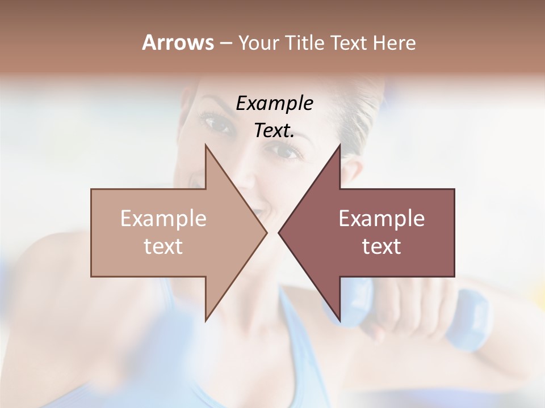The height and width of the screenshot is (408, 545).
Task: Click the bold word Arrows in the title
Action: pos(177,42)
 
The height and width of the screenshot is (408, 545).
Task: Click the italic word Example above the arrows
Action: pos(274,103)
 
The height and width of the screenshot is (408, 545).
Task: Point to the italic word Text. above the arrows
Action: pos(274,130)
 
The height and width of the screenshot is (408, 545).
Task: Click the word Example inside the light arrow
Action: pos(163,219)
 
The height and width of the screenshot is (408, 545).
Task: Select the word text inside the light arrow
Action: pos(163,246)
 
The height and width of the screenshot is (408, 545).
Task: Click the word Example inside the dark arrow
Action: pos(381,219)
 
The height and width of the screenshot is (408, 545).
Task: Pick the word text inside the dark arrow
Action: pos(381,246)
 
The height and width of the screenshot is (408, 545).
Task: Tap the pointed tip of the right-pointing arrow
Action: pos(267,232)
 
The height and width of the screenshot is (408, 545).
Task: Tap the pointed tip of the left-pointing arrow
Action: pos(279,232)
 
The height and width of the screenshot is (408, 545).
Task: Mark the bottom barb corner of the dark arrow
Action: pos(339,321)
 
